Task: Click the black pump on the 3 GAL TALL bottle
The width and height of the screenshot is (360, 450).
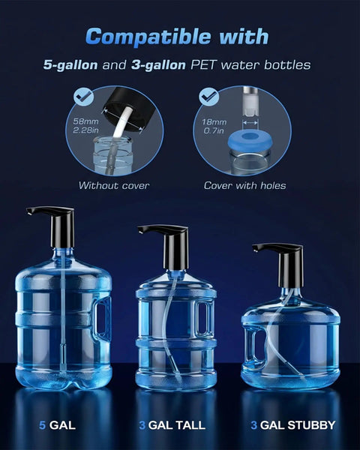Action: point(170,244)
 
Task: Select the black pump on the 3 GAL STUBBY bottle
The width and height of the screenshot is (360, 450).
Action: point(285,262)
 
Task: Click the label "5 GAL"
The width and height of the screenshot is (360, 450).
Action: point(58,426)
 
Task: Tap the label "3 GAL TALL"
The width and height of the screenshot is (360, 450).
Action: point(172,426)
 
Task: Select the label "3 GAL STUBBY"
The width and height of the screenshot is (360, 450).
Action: point(292,426)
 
